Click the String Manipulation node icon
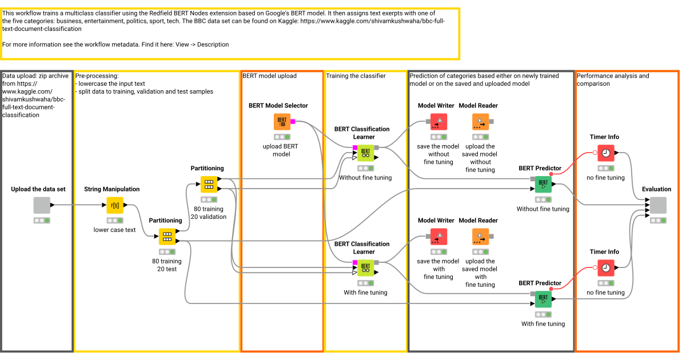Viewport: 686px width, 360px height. (x=115, y=205)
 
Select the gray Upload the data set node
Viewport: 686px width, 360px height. (x=42, y=205)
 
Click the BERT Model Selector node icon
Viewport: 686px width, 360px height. (x=282, y=122)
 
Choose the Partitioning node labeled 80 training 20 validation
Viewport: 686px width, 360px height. (x=209, y=185)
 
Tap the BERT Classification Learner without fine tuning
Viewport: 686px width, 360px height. (x=365, y=153)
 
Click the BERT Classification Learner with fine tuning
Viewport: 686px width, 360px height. (x=365, y=268)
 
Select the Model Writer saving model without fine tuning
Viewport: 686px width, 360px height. (x=438, y=122)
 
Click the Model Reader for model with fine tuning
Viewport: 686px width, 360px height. (x=481, y=237)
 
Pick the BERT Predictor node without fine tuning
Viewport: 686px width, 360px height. (x=543, y=185)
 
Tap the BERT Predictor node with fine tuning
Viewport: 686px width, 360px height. (x=543, y=299)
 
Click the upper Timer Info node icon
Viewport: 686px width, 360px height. (x=605, y=153)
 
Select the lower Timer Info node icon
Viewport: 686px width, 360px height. (x=605, y=268)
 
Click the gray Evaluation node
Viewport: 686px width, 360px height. (x=657, y=205)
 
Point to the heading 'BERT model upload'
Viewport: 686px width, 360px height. (x=269, y=76)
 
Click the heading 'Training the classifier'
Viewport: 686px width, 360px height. (x=356, y=76)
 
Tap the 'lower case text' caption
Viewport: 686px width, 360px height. (x=115, y=230)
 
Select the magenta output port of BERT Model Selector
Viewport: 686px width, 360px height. (x=293, y=122)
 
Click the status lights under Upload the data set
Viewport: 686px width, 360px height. (x=42, y=220)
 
